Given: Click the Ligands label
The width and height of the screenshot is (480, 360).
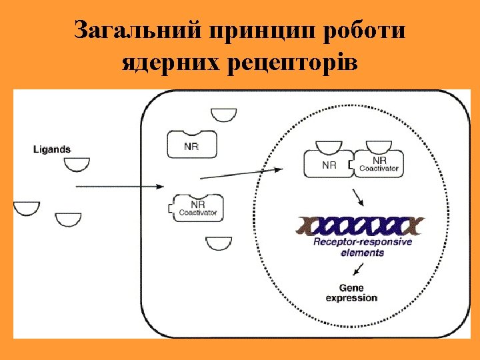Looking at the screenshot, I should point(52,149).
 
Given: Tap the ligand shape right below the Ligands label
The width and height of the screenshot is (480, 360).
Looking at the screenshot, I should point(77,164).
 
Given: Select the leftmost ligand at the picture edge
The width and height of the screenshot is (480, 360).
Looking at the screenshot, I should point(26,208).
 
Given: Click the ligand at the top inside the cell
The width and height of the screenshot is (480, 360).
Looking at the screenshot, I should point(223,115).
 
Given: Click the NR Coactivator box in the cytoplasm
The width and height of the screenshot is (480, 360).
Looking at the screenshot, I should point(198,207).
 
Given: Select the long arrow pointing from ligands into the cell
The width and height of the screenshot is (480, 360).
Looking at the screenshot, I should point(120,187).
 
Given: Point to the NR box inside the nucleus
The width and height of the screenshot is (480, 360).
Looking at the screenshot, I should point(327,163).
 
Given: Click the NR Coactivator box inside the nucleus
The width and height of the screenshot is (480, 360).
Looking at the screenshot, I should point(378,163).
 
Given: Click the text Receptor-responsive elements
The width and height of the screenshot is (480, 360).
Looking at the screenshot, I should point(362,247).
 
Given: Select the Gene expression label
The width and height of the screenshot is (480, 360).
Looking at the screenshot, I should point(351,293).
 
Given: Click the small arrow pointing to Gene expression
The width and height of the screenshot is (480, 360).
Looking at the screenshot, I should point(359,269).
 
